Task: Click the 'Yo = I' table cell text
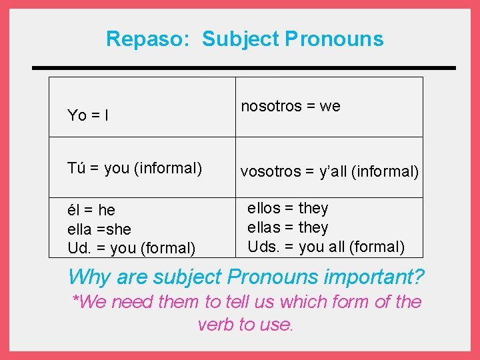tap(89, 116)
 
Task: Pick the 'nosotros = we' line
tap(290, 106)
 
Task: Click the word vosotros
tap(271, 172)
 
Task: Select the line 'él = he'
tap(91, 211)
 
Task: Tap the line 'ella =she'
tap(99, 229)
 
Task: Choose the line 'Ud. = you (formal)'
tap(131, 249)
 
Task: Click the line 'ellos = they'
tap(287, 209)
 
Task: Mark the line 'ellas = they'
tap(287, 228)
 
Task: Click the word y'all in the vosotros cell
tap(334, 172)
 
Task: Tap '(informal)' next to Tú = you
tap(168, 168)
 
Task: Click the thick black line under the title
tap(244, 68)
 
